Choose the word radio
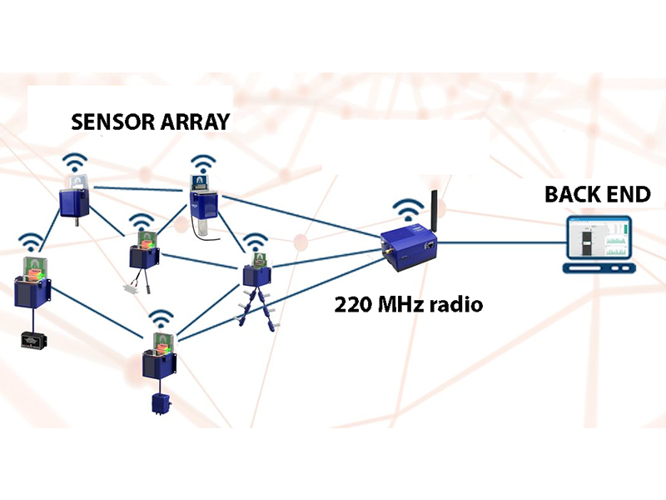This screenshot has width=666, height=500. (459, 304)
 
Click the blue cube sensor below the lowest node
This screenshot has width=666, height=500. (158, 405)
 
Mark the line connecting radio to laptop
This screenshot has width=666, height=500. (499, 242)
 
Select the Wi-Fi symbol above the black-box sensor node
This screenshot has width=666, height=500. (32, 241)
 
